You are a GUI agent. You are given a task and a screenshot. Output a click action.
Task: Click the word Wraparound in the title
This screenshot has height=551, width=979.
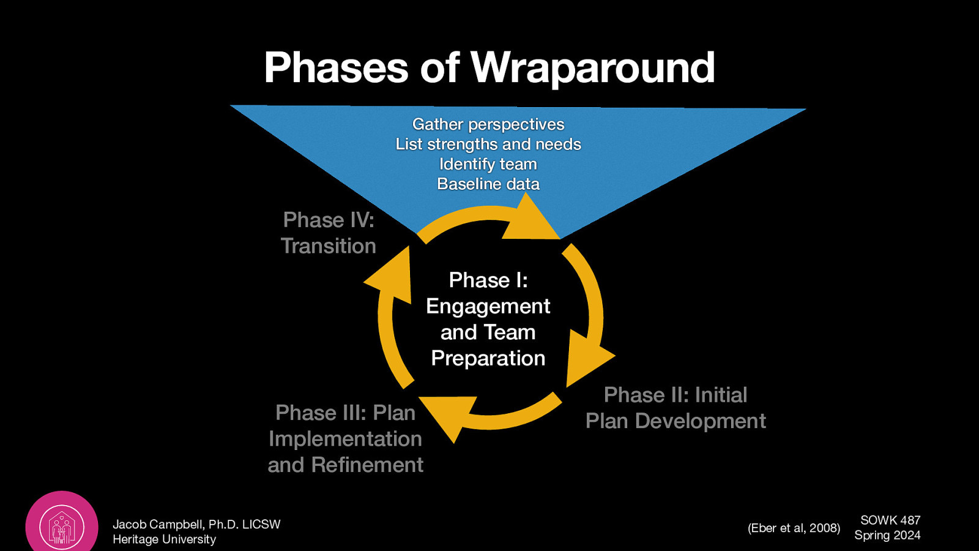[x=592, y=67]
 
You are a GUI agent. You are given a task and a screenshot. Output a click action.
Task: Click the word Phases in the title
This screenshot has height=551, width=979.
[x=336, y=67]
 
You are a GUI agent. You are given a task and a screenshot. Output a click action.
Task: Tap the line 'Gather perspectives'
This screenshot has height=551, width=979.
[x=488, y=124]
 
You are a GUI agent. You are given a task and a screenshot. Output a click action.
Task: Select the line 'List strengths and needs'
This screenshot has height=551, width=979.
[x=488, y=144]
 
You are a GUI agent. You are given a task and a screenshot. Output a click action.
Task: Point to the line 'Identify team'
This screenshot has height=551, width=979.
[x=488, y=164]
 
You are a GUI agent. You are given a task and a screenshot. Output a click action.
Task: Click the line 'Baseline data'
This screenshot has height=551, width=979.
[x=488, y=184]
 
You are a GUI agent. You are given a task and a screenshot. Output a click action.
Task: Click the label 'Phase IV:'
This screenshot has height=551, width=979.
[x=329, y=220]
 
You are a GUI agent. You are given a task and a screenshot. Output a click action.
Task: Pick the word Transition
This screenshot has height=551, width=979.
[x=329, y=246]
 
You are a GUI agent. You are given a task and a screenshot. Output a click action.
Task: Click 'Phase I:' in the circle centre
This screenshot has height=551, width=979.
[x=488, y=280]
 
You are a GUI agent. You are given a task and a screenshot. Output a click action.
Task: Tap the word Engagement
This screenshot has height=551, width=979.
[x=488, y=306]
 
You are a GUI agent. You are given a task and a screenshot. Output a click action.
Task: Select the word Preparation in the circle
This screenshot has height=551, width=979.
[x=488, y=358]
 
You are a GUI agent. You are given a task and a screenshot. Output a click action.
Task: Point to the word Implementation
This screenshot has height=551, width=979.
[x=345, y=439]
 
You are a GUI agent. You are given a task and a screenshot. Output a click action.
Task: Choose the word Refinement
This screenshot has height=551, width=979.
[x=367, y=465]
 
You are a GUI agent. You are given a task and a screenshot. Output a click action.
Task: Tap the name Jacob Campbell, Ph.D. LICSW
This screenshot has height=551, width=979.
[x=196, y=524]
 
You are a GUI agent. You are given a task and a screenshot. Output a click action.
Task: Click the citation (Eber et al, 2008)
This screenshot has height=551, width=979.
[x=794, y=528]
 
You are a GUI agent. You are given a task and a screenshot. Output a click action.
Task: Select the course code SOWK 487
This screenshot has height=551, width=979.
[x=890, y=520]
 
